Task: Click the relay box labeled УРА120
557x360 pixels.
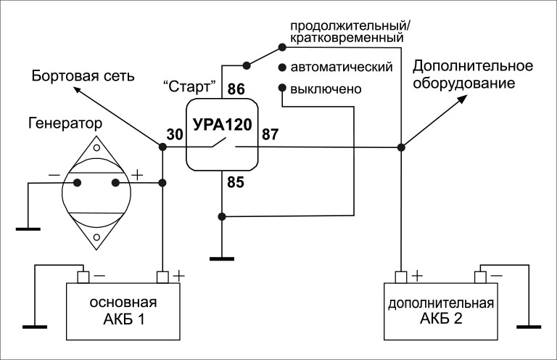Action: coord(222,135)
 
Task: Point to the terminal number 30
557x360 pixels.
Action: coord(175,134)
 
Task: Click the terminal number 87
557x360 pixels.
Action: coord(271,134)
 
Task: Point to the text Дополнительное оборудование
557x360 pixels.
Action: coord(473,75)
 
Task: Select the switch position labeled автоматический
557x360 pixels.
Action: coord(341,67)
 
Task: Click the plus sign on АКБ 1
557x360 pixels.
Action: coord(178,277)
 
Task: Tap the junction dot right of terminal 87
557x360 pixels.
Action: coord(400,147)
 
